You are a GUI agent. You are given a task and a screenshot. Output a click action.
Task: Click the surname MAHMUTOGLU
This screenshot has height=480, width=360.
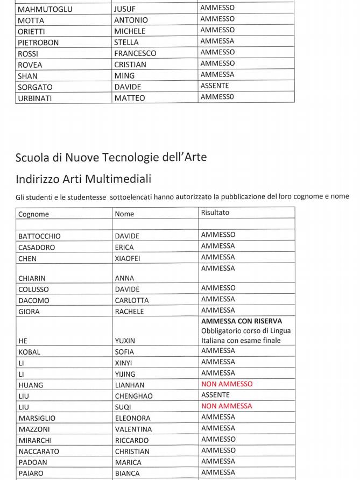(x=45, y=9)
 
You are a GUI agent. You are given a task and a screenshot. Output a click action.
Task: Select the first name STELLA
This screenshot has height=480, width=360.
(x=126, y=42)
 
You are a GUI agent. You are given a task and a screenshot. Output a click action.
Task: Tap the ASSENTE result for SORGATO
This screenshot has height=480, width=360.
(x=215, y=86)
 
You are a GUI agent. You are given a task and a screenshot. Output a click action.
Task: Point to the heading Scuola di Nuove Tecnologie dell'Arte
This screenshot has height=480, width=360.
(x=111, y=157)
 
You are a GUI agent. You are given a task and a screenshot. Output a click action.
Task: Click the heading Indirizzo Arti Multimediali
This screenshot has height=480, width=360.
(x=83, y=179)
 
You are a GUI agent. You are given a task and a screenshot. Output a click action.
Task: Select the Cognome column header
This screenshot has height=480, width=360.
(x=33, y=214)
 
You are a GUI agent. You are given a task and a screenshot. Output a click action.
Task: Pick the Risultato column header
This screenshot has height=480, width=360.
(x=215, y=213)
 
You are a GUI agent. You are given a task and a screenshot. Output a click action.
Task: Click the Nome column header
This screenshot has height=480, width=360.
(x=124, y=214)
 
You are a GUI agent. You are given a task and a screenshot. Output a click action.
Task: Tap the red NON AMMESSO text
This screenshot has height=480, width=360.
(x=227, y=384)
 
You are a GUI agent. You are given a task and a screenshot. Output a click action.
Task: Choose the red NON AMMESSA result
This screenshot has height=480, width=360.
(x=227, y=406)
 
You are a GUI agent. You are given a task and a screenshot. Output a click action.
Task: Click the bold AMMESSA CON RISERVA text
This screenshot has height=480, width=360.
(x=242, y=321)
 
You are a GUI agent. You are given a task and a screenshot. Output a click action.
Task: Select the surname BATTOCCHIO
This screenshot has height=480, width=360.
(x=39, y=236)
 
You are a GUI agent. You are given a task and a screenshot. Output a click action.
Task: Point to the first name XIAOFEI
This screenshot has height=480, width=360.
(x=128, y=258)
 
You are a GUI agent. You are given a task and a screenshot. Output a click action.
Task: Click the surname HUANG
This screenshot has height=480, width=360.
(x=31, y=385)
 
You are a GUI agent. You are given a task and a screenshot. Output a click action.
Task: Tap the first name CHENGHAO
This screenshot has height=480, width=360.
(x=134, y=396)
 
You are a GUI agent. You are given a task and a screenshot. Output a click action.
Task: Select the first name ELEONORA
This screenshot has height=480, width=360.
(x=133, y=418)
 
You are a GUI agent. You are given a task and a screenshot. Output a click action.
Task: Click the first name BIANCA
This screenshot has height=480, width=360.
(x=127, y=474)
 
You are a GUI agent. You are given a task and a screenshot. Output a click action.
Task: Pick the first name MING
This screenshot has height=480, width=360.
(x=124, y=76)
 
